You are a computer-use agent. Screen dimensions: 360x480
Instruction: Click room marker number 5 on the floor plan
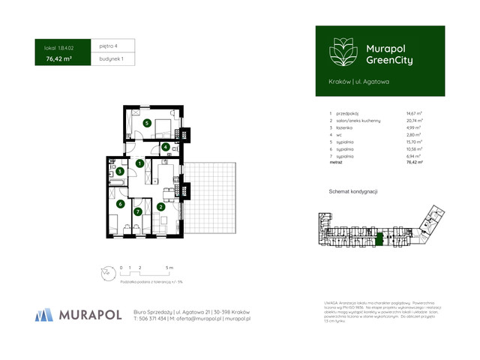(x=147, y=123)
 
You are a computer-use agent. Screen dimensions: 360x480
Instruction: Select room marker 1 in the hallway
(x=139, y=163)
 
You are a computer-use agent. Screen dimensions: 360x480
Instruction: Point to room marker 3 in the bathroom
(x=119, y=172)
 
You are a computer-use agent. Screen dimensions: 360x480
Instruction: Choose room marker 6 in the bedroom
(x=119, y=204)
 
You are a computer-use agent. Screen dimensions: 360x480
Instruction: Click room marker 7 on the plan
(x=137, y=212)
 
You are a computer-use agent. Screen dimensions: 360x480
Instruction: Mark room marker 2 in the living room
(x=161, y=208)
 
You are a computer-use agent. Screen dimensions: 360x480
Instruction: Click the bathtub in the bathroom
(x=118, y=181)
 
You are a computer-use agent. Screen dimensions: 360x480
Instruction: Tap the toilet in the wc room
(x=173, y=148)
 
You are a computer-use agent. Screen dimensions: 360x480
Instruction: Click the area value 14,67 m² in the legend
(x=414, y=113)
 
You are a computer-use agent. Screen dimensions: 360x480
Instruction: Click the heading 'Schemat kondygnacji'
(x=352, y=192)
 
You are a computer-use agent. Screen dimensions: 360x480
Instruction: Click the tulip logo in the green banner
(x=340, y=52)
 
